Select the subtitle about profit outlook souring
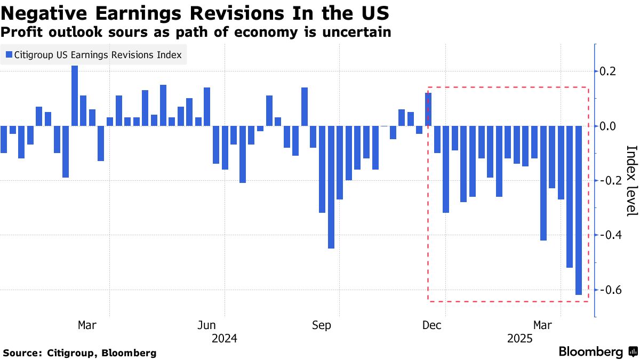pyautogui.click(x=196, y=32)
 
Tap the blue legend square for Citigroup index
pyautogui.click(x=9, y=54)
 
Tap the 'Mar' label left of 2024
pyautogui.click(x=87, y=325)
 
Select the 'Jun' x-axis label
pyautogui.click(x=206, y=325)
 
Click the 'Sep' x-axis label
pyautogui.click(x=322, y=325)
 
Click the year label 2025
pyautogui.click(x=520, y=338)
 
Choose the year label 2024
pyautogui.click(x=225, y=338)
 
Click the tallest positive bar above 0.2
pyautogui.click(x=75, y=95)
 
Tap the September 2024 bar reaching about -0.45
pyautogui.click(x=331, y=187)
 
